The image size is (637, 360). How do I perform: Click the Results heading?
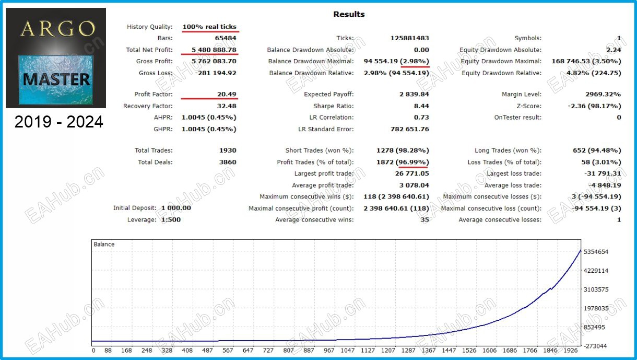coord(349,14)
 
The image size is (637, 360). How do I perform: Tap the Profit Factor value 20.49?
coord(227,95)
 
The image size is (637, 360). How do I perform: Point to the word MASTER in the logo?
coord(56,79)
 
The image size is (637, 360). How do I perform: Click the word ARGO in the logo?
coord(57,29)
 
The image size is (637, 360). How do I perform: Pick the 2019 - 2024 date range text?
coord(58,122)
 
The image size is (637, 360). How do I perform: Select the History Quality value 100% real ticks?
coord(209,27)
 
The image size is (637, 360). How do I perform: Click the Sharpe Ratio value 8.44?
coord(421,106)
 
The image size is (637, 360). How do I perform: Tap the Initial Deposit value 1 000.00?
coord(176,208)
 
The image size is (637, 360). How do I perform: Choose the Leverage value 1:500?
coord(171,219)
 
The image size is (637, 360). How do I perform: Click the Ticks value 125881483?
coord(409,38)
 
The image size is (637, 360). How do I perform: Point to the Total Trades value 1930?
coord(228,150)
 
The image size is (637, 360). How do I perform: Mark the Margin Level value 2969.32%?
coord(603,95)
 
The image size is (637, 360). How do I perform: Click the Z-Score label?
coord(528,106)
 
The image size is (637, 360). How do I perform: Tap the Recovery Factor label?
coord(148,106)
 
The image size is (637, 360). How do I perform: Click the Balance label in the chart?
coord(104,244)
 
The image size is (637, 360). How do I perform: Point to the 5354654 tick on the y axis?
coord(596,252)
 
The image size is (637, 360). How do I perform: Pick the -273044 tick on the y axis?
coord(596,346)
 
